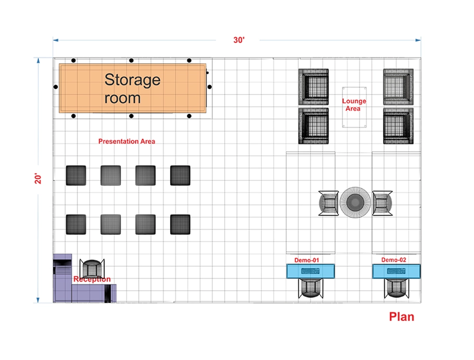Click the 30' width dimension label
click(x=239, y=40)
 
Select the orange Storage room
click(x=133, y=89)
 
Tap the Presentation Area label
click(x=127, y=141)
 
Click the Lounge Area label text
click(x=354, y=105)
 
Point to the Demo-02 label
click(x=394, y=260)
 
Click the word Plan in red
click(x=401, y=317)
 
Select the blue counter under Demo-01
click(x=310, y=271)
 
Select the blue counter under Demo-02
click(x=396, y=271)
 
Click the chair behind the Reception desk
click(x=91, y=269)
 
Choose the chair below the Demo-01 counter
click(x=310, y=288)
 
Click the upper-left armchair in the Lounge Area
click(x=313, y=86)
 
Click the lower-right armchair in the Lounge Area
click(x=398, y=126)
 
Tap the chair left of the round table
click(x=328, y=203)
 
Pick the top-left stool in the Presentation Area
click(x=76, y=175)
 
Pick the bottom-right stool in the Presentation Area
click(x=180, y=225)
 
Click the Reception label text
click(x=92, y=279)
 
